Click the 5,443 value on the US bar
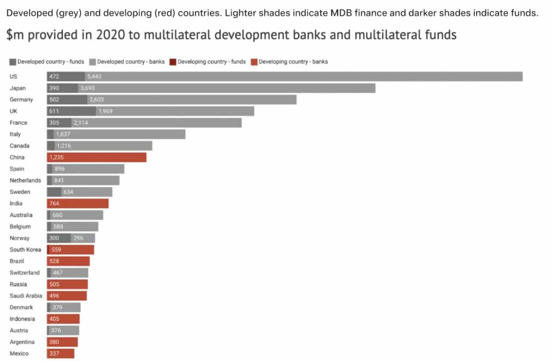click(x=94, y=76)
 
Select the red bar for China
click(x=97, y=157)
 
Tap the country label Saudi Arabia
click(x=25, y=296)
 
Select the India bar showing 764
click(x=78, y=204)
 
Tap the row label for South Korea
click(x=25, y=250)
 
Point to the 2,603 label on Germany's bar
click(x=97, y=99)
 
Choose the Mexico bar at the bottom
click(x=61, y=353)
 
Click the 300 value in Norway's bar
click(x=54, y=238)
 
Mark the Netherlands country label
click(x=25, y=180)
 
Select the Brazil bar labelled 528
click(x=68, y=261)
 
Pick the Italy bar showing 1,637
click(x=116, y=134)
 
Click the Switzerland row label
click(x=25, y=273)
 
